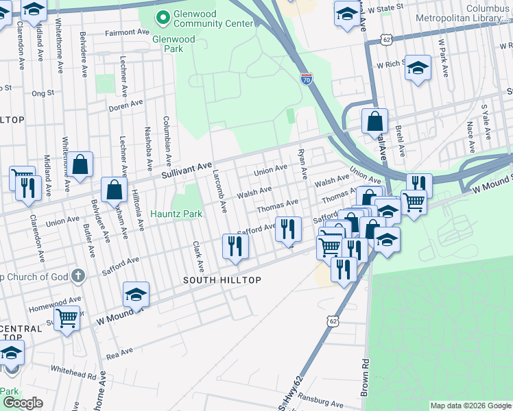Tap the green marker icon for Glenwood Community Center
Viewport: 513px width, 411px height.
click(x=163, y=16)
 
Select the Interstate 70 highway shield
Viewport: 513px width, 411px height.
click(x=306, y=79)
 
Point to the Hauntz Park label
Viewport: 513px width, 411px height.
click(x=176, y=214)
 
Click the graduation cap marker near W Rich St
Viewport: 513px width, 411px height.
click(x=417, y=68)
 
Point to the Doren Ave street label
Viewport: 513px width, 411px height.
click(x=126, y=106)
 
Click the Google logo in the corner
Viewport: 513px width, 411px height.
click(x=23, y=403)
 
